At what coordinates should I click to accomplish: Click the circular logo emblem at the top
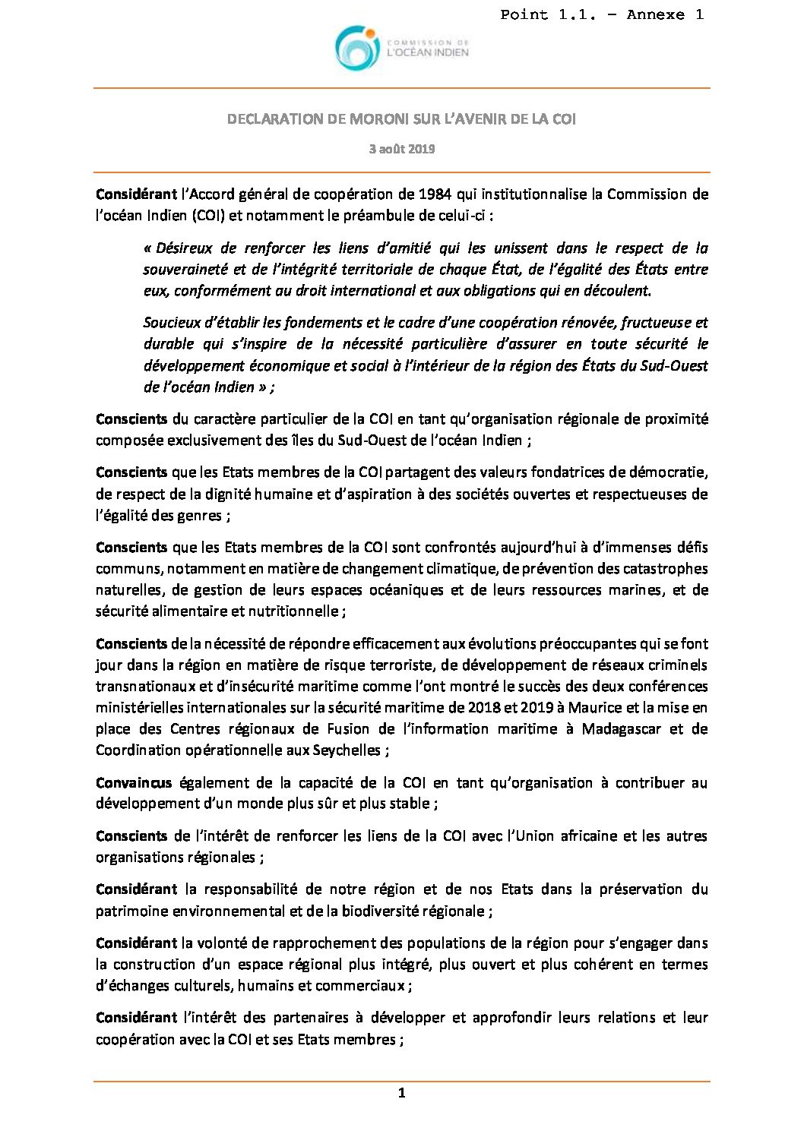click(x=357, y=47)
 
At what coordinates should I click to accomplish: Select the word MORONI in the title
click(x=383, y=119)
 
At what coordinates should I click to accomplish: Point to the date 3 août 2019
click(x=402, y=149)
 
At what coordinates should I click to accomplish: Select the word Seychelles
click(x=350, y=750)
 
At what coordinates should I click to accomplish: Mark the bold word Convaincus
click(x=134, y=782)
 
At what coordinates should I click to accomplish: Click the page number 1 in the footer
click(x=402, y=1094)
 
